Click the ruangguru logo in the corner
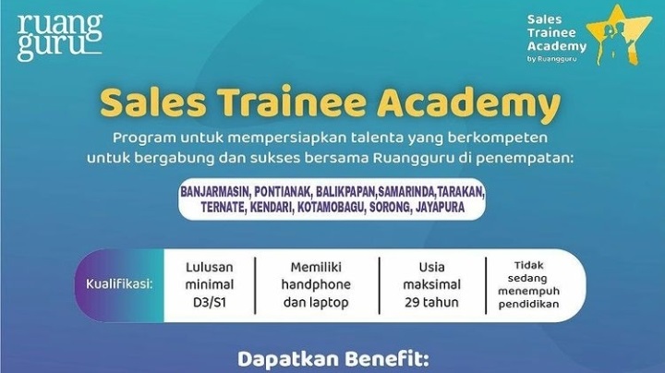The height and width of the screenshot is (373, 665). tap(60, 37)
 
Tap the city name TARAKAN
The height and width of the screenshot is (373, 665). tap(462, 192)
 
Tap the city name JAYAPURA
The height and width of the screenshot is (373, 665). tap(457, 208)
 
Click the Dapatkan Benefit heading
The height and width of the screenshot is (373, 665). tap(331, 357)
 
